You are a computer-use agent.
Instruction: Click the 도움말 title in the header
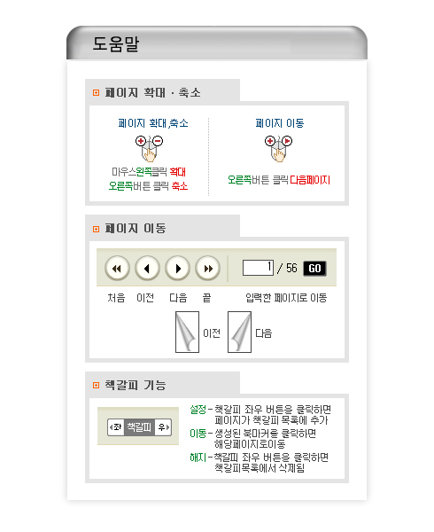point(116,43)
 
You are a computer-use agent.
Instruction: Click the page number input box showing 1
point(258,268)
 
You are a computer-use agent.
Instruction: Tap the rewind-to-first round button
point(117,269)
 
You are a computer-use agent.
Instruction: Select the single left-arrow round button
point(147,269)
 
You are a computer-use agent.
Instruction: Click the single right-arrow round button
point(177,269)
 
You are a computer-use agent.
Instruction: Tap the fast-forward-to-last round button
point(207,269)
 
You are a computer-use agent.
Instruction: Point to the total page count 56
point(291,268)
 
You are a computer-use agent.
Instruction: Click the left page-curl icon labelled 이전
point(187,332)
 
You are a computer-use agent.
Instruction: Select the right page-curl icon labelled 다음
point(239,332)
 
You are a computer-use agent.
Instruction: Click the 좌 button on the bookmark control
point(116,426)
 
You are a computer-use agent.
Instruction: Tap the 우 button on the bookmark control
point(163,426)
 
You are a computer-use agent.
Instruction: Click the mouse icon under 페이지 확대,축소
point(149,148)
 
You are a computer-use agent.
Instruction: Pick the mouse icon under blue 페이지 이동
point(278,148)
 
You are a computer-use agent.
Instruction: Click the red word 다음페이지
point(310,180)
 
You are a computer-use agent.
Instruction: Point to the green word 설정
point(198,410)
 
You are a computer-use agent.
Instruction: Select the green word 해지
point(198,458)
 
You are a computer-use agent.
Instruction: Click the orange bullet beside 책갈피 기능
point(97,385)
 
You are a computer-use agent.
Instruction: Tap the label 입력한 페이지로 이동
point(286,298)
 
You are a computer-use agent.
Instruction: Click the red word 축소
point(180,186)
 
